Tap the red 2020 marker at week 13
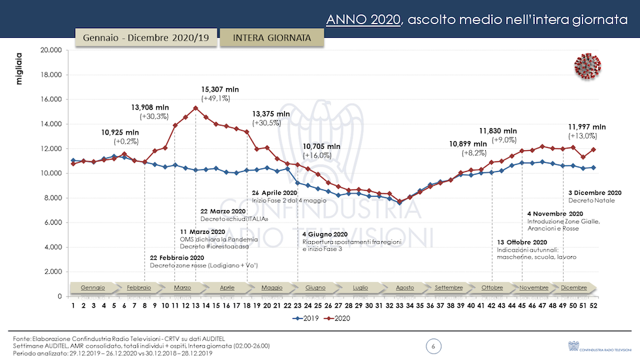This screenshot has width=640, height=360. [196, 108]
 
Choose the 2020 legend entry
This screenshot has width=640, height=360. [337, 318]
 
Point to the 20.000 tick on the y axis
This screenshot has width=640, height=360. [50, 50]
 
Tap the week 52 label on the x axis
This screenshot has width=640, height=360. [593, 304]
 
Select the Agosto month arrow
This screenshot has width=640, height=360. [404, 287]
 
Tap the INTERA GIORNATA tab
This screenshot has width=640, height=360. [272, 38]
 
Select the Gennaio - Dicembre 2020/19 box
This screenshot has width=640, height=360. [146, 38]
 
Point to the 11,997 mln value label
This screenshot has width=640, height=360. [586, 127]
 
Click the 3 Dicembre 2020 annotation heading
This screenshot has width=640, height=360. [594, 193]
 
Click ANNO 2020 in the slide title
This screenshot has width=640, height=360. [362, 20]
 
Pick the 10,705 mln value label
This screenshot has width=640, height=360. [321, 146]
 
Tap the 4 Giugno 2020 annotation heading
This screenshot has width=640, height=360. [325, 234]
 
